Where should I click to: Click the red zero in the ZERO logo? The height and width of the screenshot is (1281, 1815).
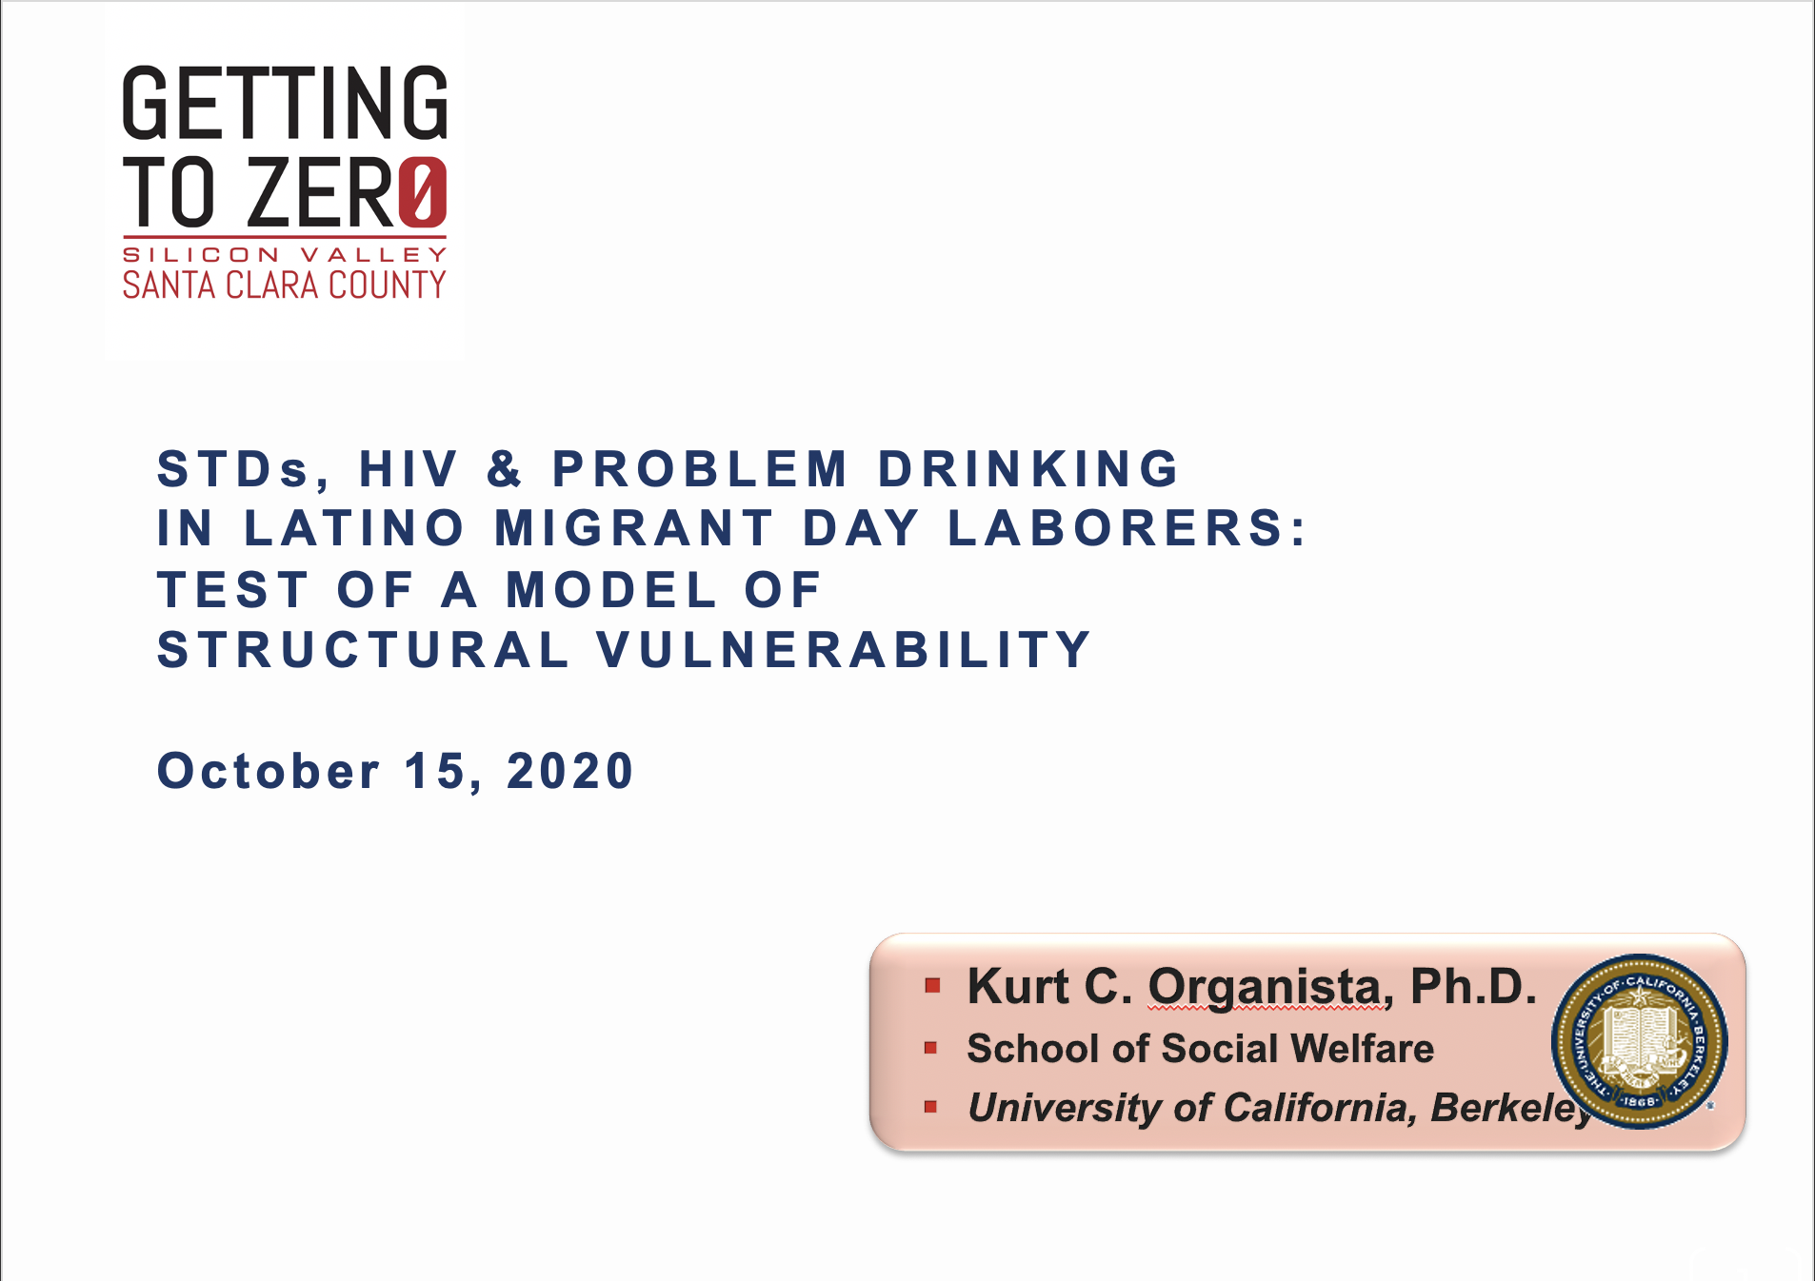click(423, 192)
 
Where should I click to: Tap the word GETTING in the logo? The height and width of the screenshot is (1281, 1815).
click(285, 102)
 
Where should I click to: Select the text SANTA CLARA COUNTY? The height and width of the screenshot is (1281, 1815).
click(284, 285)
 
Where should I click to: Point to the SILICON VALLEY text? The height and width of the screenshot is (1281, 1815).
click(284, 255)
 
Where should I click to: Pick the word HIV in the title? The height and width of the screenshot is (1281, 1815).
click(409, 468)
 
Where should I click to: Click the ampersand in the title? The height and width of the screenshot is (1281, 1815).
click(505, 468)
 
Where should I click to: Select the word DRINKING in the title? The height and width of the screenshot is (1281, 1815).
click(1028, 468)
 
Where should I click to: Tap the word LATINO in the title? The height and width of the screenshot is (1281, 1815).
click(354, 528)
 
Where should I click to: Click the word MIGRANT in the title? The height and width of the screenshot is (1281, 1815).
click(634, 528)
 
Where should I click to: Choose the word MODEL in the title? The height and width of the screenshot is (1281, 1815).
click(611, 590)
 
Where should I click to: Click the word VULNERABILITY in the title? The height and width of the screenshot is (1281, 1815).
click(844, 650)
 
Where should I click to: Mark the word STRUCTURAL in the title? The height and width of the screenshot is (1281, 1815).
click(363, 650)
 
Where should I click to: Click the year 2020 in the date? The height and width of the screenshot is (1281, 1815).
click(569, 771)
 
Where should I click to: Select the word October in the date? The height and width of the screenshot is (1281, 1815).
click(269, 771)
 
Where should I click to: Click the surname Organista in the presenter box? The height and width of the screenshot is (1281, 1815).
click(1265, 987)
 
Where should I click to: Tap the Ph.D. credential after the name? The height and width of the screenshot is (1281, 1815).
click(1473, 986)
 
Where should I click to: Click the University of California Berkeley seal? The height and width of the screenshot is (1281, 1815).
click(1639, 1041)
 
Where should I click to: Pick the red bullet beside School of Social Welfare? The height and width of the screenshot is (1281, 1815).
click(931, 1048)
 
